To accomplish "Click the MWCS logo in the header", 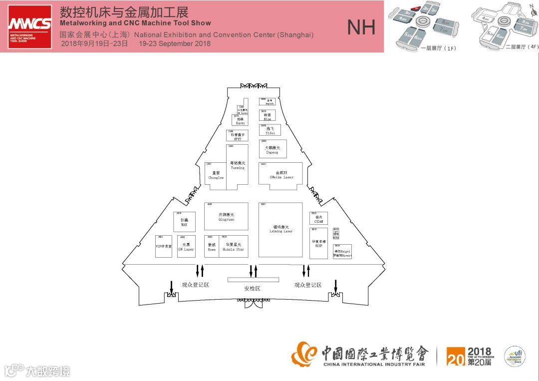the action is (30, 26).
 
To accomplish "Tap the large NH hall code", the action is (361, 28).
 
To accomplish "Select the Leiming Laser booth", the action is (280, 230).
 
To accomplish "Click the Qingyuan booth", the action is (226, 216).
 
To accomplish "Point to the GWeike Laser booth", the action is (281, 175).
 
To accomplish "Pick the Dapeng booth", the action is (272, 149).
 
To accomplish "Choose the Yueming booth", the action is (238, 166).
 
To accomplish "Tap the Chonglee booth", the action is (216, 176).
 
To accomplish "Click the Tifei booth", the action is (270, 130).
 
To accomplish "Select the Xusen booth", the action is (240, 120).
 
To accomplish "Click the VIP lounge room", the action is (164, 246).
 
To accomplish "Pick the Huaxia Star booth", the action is (234, 246).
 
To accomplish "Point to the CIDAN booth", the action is (319, 219).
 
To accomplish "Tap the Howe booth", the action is (212, 246).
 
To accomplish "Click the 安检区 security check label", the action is (252, 289).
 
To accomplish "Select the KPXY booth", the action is (238, 136).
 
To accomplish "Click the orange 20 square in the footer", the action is (456, 356).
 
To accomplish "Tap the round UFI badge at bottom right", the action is (514, 356).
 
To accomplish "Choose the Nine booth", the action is (268, 116).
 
